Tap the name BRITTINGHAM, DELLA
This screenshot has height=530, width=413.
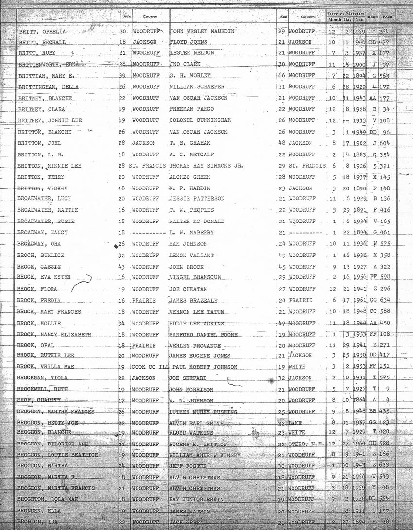coord(49,88)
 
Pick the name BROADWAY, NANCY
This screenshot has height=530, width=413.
coord(42,233)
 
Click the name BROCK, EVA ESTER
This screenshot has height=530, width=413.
coord(44,277)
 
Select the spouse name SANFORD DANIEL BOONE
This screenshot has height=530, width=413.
coord(203,335)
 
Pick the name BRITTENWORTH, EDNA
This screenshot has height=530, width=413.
coord(48,64)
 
